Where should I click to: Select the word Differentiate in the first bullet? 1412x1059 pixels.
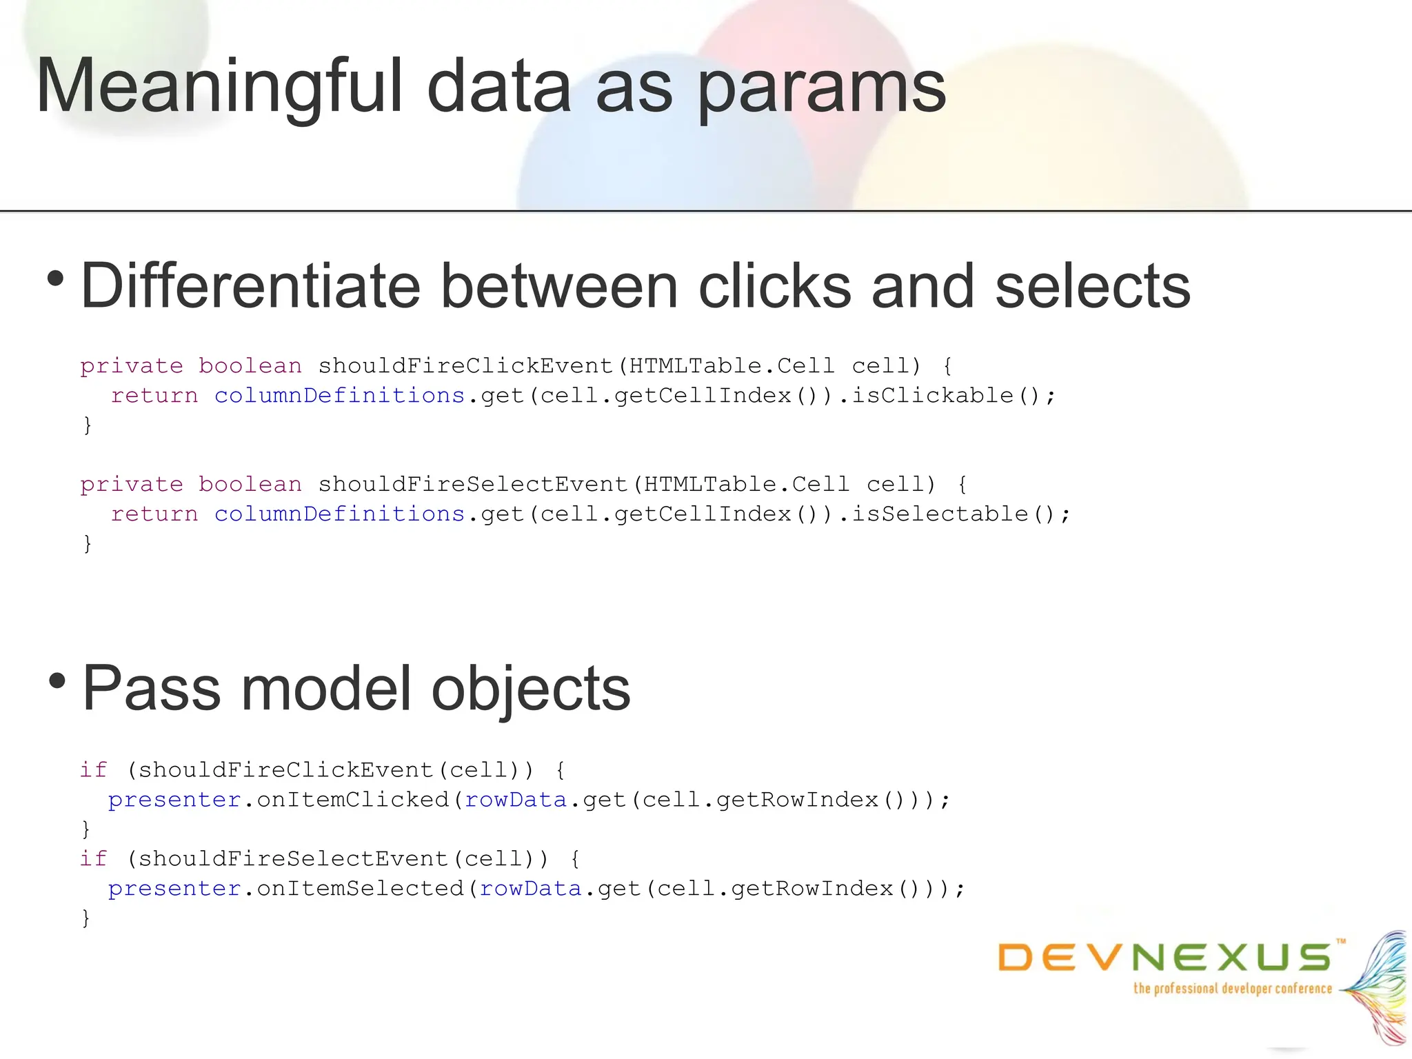(250, 286)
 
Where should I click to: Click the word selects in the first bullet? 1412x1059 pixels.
(1093, 286)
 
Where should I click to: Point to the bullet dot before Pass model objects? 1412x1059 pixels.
(57, 681)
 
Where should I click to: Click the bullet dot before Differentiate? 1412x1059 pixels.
(56, 279)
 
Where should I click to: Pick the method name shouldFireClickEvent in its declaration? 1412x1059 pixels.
(465, 365)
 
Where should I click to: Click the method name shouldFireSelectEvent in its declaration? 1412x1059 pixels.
(473, 484)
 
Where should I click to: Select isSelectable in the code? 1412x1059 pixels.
(940, 514)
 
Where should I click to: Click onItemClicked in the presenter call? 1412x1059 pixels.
(352, 800)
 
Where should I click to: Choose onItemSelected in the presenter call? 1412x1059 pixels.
(360, 889)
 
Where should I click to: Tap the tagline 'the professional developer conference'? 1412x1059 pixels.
(1233, 989)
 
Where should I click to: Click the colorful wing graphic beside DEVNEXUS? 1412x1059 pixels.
(1376, 986)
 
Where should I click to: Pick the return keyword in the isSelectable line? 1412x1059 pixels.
(154, 514)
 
